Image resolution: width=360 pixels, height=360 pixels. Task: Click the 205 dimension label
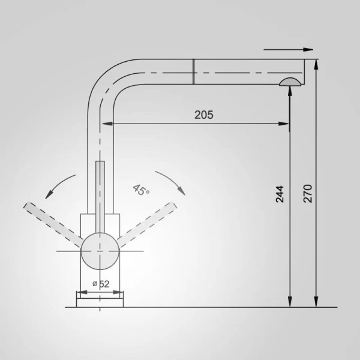click(x=204, y=115)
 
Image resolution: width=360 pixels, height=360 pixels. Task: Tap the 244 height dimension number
click(x=280, y=194)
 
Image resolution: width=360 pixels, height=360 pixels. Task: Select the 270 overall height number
click(x=308, y=194)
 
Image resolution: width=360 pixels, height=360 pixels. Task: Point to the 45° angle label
click(x=141, y=190)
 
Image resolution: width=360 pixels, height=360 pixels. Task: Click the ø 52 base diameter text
click(x=101, y=284)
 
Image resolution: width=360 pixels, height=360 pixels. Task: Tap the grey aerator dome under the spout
click(x=290, y=82)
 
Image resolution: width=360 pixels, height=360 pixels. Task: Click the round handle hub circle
click(x=100, y=251)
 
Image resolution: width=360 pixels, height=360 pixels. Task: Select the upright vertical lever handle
click(x=100, y=197)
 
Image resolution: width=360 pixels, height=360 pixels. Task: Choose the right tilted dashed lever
click(x=147, y=224)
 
